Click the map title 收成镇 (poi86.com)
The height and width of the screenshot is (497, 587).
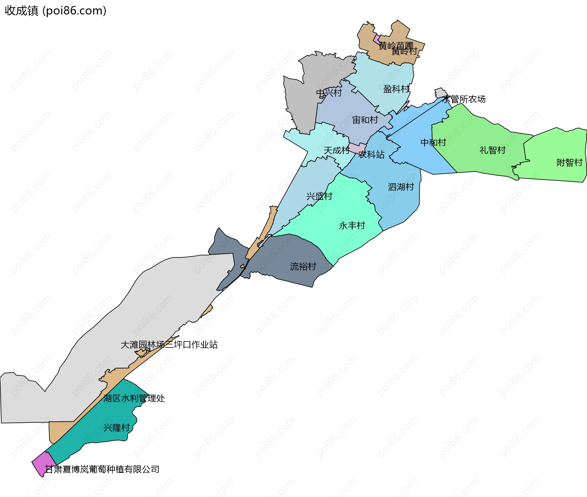(55, 11)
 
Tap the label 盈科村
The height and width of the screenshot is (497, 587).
(396, 89)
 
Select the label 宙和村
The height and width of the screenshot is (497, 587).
(365, 120)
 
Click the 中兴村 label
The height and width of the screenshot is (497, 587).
(329, 93)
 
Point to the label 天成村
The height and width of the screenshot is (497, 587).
(336, 150)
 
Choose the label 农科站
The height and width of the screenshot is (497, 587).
(371, 155)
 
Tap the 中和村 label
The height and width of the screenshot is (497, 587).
(433, 142)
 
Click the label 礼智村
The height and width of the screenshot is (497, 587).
(493, 150)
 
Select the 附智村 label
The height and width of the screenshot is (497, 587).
(569, 163)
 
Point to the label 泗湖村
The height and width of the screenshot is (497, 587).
(401, 187)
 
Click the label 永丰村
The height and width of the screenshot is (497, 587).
(352, 226)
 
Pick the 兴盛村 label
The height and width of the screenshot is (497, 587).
(319, 196)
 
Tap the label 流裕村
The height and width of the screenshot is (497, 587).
(303, 267)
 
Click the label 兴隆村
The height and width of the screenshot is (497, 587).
(116, 428)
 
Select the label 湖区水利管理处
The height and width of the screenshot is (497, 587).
(134, 398)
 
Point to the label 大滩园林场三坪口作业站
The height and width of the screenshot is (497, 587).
(169, 345)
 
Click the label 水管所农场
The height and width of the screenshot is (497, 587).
(464, 99)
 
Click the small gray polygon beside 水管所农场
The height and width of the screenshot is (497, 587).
(440, 93)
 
